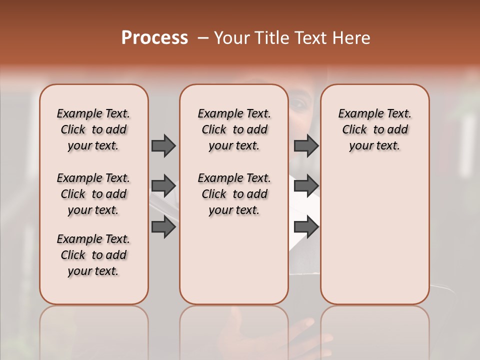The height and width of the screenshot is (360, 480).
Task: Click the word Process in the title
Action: click(x=154, y=38)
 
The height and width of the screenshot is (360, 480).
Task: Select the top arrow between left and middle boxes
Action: click(x=163, y=145)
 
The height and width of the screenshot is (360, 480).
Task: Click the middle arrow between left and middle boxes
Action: click(x=163, y=186)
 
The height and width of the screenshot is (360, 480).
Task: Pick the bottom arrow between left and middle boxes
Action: click(x=163, y=227)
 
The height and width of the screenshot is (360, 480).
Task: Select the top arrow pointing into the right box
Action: click(x=306, y=145)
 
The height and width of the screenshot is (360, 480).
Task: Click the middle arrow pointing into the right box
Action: click(x=306, y=186)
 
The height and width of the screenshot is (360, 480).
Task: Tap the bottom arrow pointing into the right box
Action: click(x=306, y=227)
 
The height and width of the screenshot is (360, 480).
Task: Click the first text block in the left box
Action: click(x=93, y=129)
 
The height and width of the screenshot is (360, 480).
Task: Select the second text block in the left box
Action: click(x=93, y=194)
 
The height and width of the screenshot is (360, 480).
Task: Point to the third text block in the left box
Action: click(x=93, y=255)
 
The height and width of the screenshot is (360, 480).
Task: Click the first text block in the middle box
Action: click(x=234, y=129)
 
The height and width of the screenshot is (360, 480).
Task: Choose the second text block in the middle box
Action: click(x=234, y=194)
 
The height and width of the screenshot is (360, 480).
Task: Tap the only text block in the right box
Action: click(x=375, y=129)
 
